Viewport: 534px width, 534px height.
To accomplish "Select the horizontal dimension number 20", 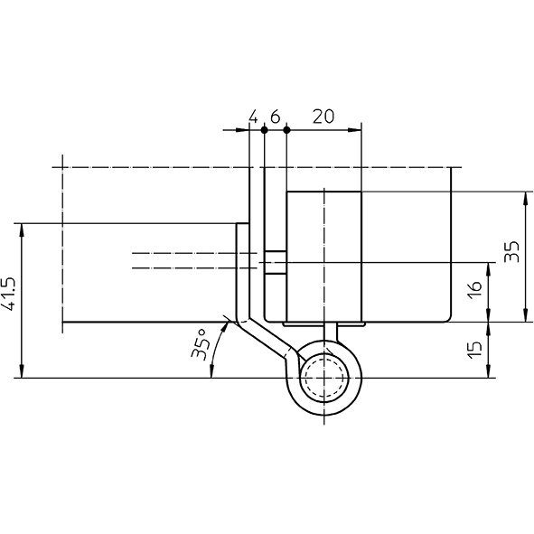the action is click(323, 117).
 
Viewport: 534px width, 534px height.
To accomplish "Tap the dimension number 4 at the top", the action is click(253, 117).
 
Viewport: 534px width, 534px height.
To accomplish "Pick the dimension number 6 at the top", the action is click(276, 117).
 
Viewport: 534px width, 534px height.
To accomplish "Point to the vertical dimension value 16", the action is click(474, 290).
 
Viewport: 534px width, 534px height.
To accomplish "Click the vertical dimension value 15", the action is click(474, 350).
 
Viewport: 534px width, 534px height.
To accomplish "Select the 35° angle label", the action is click(199, 344).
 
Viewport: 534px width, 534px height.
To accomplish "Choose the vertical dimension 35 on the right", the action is click(511, 252).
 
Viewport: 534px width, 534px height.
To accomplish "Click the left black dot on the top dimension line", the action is click(264, 130).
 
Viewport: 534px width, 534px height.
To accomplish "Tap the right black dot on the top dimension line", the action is click(286, 130).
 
